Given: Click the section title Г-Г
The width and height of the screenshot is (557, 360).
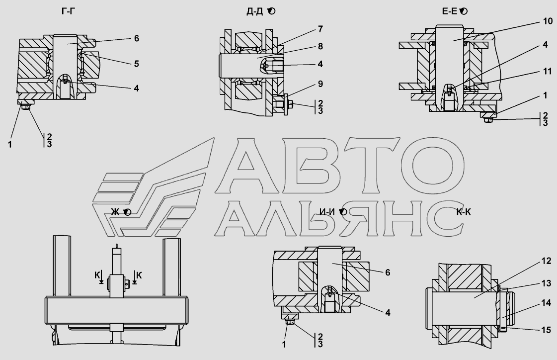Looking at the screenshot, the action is pos(68,11).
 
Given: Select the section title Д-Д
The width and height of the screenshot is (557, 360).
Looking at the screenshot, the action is pos(255,11).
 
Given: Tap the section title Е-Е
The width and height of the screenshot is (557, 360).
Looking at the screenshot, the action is pos(449,11).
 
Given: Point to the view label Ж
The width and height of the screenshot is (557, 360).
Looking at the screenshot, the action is pos(115,212).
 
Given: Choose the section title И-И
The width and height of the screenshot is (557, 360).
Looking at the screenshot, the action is pos(327,212).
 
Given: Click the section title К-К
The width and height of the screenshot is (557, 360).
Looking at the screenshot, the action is pos(464,212).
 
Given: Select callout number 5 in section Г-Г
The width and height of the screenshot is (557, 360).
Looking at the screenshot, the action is pos(137,64).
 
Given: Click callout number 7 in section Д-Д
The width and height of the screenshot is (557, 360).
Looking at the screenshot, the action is pos(320,29).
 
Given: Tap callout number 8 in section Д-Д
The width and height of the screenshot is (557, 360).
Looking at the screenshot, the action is pos(320,46).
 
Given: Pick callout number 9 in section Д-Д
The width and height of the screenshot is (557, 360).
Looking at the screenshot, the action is pos(320,84).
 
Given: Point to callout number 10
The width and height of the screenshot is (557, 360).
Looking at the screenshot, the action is pos(548,21).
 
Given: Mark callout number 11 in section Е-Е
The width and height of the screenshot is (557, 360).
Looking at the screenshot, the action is pos(548,72).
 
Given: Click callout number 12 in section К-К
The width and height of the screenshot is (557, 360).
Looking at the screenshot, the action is pos(547,261).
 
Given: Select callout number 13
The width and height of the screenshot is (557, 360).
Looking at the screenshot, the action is pos(547,283).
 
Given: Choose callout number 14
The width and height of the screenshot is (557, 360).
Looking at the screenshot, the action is pos(547,303).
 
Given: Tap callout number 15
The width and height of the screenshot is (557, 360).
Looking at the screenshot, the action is pos(547,330).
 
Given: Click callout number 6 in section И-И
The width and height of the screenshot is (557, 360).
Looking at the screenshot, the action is pos(388,272).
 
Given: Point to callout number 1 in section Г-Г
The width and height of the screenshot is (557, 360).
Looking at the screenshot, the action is pos(10,145).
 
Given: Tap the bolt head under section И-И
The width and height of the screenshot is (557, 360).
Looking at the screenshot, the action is pos(289,322).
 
